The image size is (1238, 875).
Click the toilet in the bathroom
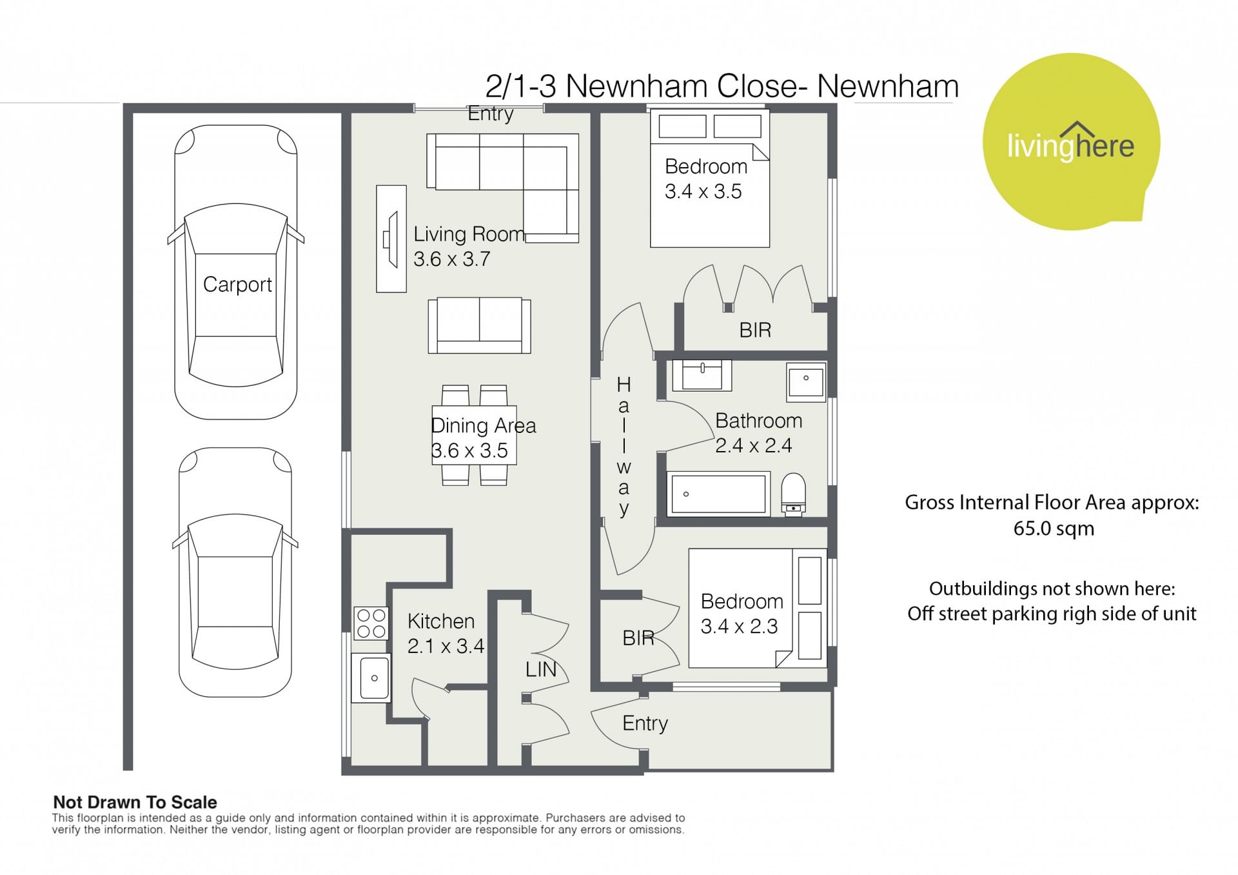click(x=793, y=494)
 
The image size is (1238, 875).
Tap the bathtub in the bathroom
click(x=718, y=494)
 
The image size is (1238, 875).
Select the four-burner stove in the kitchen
click(x=371, y=623)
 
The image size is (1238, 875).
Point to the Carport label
click(x=237, y=285)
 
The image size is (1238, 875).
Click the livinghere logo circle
click(x=1070, y=141)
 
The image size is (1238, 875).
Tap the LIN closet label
click(x=540, y=670)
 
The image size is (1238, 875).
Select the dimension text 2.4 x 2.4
click(x=753, y=446)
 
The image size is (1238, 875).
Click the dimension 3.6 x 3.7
click(x=451, y=259)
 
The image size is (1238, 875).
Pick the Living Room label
click(x=469, y=234)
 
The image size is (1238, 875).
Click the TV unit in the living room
click(x=391, y=239)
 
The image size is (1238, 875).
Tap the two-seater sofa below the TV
click(x=479, y=325)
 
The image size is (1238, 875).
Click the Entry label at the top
click(x=491, y=114)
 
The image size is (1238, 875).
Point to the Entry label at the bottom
click(x=645, y=724)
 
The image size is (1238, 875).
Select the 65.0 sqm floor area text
click(x=1054, y=528)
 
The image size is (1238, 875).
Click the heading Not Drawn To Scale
click(x=135, y=802)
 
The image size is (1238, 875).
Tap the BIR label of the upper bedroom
click(x=755, y=330)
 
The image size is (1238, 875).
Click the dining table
click(x=474, y=435)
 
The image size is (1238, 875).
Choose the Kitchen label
click(x=441, y=621)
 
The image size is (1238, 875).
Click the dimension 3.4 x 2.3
click(x=739, y=627)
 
